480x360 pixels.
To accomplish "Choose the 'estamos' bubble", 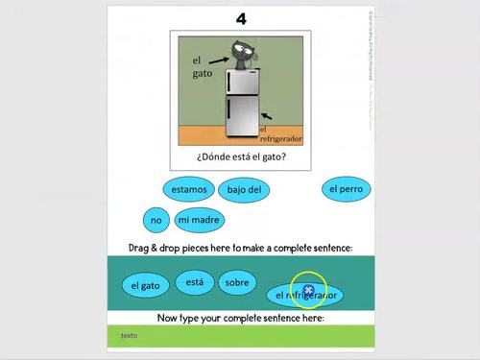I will point(188,189).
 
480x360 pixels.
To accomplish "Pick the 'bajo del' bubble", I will point(244,190).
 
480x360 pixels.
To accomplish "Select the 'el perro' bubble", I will point(346,189).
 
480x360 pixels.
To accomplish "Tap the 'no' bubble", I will point(155,220).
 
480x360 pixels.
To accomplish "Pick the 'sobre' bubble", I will point(236,283).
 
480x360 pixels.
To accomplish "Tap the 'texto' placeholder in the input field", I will point(129,335).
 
